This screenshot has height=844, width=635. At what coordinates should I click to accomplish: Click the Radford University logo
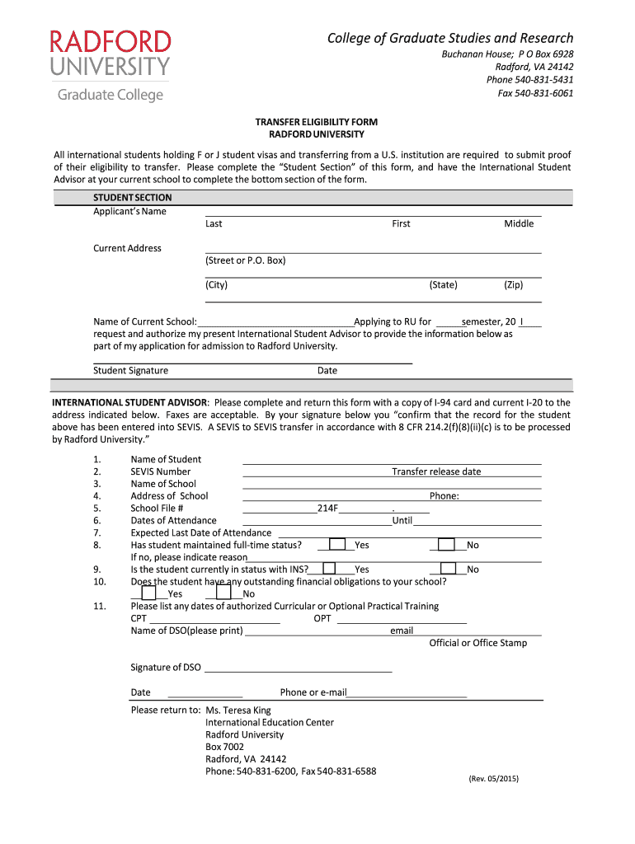pyautogui.click(x=111, y=66)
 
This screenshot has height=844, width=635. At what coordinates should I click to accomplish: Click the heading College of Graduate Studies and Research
pyautogui.click(x=450, y=38)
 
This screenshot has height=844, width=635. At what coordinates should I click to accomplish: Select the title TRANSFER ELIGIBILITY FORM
pyautogui.click(x=317, y=122)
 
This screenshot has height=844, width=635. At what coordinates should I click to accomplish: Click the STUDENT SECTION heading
pyautogui.click(x=132, y=198)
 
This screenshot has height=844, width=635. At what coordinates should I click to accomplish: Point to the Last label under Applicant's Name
pyautogui.click(x=214, y=224)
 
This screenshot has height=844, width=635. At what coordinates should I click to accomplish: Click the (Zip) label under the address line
pyautogui.click(x=514, y=285)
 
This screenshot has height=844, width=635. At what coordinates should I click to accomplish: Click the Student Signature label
pyautogui.click(x=130, y=371)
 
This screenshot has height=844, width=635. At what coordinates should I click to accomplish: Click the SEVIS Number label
pyautogui.click(x=160, y=471)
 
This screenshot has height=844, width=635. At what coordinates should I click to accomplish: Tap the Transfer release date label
pyautogui.click(x=436, y=471)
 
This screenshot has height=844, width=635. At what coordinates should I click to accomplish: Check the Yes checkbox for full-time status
pyautogui.click(x=336, y=545)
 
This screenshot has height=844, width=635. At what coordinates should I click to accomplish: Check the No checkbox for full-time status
pyautogui.click(x=446, y=545)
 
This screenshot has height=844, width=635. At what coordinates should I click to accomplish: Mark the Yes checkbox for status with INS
pyautogui.click(x=329, y=569)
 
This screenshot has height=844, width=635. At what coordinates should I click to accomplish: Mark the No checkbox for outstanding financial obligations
pyautogui.click(x=223, y=593)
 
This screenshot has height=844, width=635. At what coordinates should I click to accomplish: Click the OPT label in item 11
pyautogui.click(x=322, y=618)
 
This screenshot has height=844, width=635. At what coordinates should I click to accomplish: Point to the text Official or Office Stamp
pyautogui.click(x=477, y=643)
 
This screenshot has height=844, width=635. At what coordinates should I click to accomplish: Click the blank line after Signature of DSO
pyautogui.click(x=297, y=668)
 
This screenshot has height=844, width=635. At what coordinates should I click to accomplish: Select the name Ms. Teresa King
pyautogui.click(x=238, y=710)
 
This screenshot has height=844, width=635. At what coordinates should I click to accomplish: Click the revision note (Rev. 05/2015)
pyautogui.click(x=493, y=779)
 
